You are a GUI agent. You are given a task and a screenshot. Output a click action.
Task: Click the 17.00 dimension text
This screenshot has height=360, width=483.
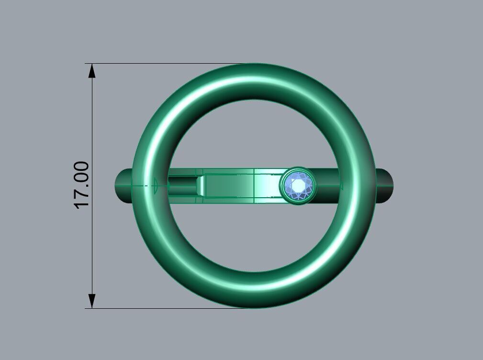pos(82,185)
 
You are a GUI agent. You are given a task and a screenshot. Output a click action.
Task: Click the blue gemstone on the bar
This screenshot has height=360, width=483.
pos(298,186)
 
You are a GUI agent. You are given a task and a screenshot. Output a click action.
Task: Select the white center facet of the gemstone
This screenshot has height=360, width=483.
pos(299,185)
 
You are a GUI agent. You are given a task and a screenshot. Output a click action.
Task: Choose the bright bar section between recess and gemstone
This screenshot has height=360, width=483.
pos(266,186)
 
